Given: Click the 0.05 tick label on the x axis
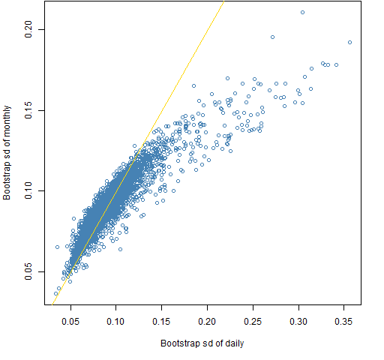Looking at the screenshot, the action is tap(70, 322).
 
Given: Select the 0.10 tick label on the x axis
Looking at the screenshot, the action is tap(115, 322).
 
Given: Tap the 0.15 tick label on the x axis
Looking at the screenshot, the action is tap(161, 322).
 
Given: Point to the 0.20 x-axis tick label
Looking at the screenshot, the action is tap(207, 322).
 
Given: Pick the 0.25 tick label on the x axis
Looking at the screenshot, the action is tap(253, 322).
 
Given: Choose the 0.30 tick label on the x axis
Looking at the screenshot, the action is tap(298, 322).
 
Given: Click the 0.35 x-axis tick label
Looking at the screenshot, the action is tap(343, 322).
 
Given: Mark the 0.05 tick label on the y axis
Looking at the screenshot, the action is tap(28, 271).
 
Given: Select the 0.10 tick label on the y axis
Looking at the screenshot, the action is tap(28, 190).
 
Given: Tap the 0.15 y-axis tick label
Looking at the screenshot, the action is tap(28, 110).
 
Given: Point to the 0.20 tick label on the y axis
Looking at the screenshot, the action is tap(28, 29).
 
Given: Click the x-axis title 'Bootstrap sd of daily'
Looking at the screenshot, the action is tap(202, 343).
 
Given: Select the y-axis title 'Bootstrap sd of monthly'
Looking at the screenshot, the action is tap(7, 153).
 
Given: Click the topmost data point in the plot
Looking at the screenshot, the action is tap(302, 12).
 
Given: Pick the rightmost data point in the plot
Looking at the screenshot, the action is tap(349, 42).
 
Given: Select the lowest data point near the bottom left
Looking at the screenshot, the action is tap(55, 293).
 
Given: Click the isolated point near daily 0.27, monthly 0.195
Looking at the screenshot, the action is tap(272, 37).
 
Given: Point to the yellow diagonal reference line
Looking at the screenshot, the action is tap(138, 153).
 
